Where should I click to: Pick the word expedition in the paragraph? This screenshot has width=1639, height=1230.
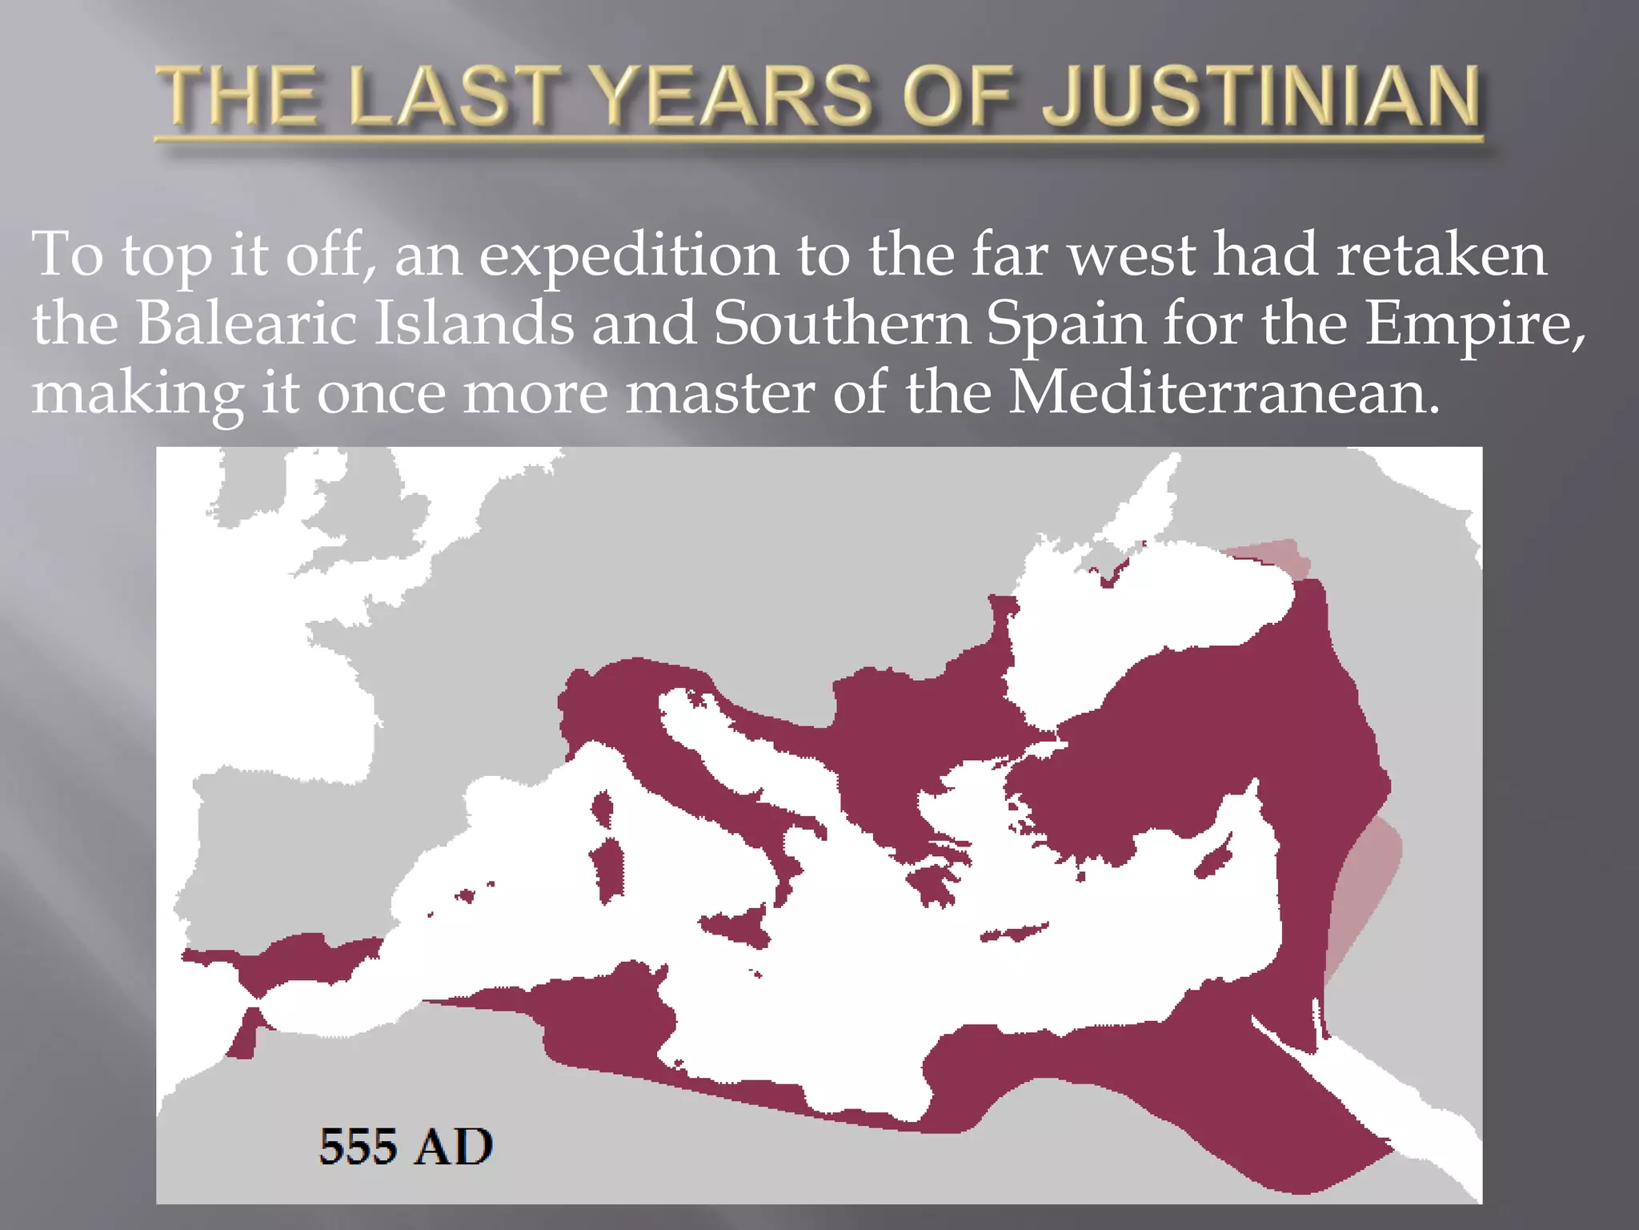pos(628,255)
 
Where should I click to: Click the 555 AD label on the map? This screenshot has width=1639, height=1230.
pos(406,1146)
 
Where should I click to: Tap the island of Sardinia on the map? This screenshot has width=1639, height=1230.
pos(608,869)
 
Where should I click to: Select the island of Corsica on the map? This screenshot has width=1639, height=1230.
pos(603,809)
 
